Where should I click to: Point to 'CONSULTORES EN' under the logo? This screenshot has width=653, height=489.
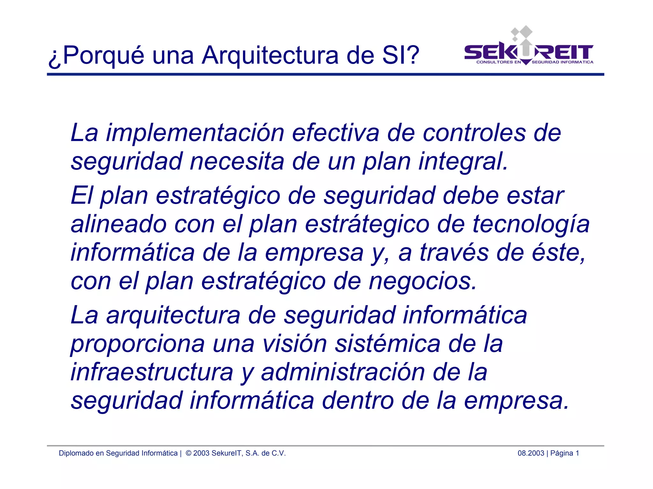pyautogui.click(x=498, y=62)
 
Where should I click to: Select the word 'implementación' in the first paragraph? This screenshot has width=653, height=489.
pyautogui.click(x=195, y=133)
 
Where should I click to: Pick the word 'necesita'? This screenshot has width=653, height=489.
pyautogui.click(x=237, y=161)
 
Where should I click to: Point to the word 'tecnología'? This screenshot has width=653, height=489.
pyautogui.click(x=531, y=224)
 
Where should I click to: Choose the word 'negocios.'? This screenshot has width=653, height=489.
pyautogui.click(x=422, y=281)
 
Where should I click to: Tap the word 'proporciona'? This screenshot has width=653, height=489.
pyautogui.click(x=137, y=344)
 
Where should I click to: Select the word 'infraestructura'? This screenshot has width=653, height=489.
pyautogui.click(x=152, y=372)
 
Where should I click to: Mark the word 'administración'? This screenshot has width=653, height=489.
pyautogui.click(x=343, y=372)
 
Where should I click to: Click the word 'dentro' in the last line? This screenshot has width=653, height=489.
pyautogui.click(x=357, y=401)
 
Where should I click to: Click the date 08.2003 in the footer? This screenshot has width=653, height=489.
pyautogui.click(x=531, y=453)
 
